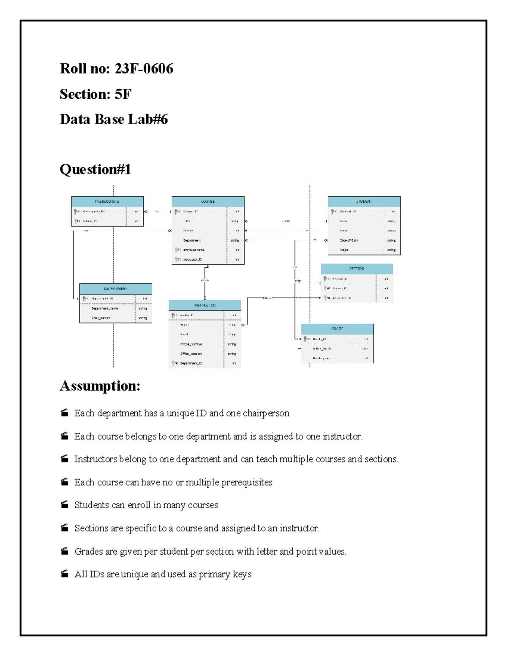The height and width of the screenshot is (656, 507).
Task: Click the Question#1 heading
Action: [x=95, y=169]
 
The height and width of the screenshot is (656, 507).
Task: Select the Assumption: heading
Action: [x=100, y=386]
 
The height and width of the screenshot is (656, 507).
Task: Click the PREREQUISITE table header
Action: [x=107, y=201]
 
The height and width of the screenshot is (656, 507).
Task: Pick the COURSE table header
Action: [x=207, y=201]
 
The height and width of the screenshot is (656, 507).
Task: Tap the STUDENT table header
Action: [x=364, y=201]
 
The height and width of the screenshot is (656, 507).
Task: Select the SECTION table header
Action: [x=357, y=269]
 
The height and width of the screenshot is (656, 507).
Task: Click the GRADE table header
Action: [x=337, y=329]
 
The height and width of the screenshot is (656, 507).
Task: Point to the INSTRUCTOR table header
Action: [x=204, y=305]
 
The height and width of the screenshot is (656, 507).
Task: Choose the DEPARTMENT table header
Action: [x=115, y=289]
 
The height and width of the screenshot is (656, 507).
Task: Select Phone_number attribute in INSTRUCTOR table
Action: [x=191, y=344]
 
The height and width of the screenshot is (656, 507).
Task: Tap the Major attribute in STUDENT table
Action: [x=344, y=250]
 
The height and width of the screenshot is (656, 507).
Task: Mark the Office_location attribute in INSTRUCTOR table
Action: [x=191, y=354]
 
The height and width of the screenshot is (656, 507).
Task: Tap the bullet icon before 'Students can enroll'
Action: [x=64, y=505]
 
